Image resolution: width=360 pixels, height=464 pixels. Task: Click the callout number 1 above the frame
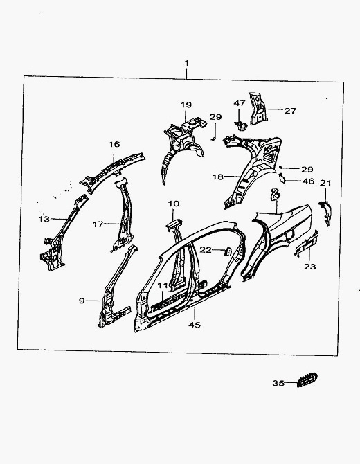(x=186, y=63)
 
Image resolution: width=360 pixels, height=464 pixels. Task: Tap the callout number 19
(x=186, y=105)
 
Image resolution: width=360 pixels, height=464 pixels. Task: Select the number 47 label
(x=240, y=103)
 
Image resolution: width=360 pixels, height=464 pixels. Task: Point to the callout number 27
(x=290, y=111)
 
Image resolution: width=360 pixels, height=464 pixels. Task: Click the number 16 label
(x=114, y=145)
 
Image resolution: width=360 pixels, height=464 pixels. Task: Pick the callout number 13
(x=44, y=220)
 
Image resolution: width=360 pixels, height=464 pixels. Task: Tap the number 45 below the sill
(x=195, y=325)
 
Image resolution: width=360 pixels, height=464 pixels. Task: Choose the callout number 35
(x=278, y=383)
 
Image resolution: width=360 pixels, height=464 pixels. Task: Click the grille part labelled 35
(x=307, y=380)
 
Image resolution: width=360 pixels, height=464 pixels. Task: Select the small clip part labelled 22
(x=228, y=251)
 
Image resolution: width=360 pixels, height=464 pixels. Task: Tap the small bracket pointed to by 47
(x=240, y=125)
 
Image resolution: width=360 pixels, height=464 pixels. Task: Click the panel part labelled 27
(x=258, y=108)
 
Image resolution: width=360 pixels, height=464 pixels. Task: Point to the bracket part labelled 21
(x=325, y=212)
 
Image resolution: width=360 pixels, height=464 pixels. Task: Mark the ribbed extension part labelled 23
(x=307, y=244)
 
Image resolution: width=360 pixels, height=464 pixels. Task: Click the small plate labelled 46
(x=282, y=179)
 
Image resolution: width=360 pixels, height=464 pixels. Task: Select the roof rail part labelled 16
(x=113, y=172)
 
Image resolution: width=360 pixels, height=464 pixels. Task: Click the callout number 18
(x=217, y=177)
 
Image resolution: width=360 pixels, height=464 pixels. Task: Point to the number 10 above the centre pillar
(x=174, y=204)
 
